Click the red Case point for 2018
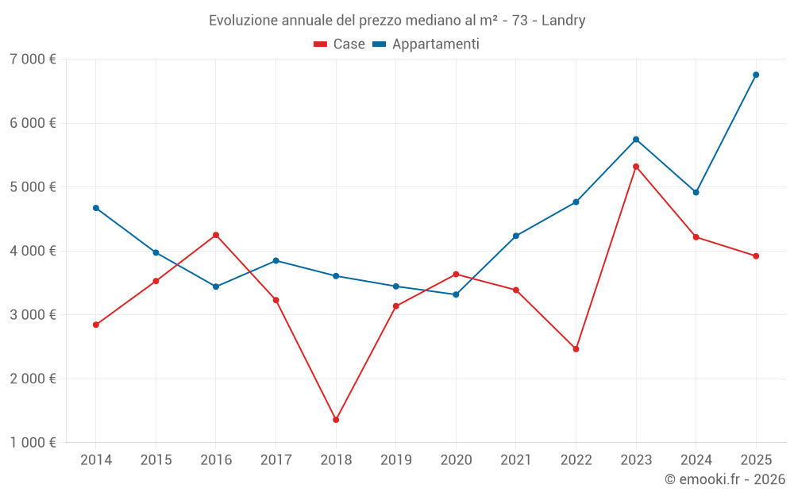(x=336, y=420)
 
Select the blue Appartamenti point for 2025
(x=756, y=75)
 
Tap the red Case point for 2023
(x=636, y=167)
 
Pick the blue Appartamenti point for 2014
(x=96, y=208)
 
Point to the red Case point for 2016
(x=216, y=235)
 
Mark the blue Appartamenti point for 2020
(x=456, y=294)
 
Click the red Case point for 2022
(x=576, y=349)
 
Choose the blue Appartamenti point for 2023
(x=636, y=140)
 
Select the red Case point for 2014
(x=96, y=325)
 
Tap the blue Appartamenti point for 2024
(x=696, y=192)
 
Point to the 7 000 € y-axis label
(x=33, y=60)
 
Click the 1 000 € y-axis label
(x=33, y=443)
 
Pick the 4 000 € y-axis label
(x=33, y=251)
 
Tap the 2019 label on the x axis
(x=395, y=459)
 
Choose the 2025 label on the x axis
(x=756, y=459)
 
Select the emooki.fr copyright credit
(x=725, y=479)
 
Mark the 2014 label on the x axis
(x=96, y=459)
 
